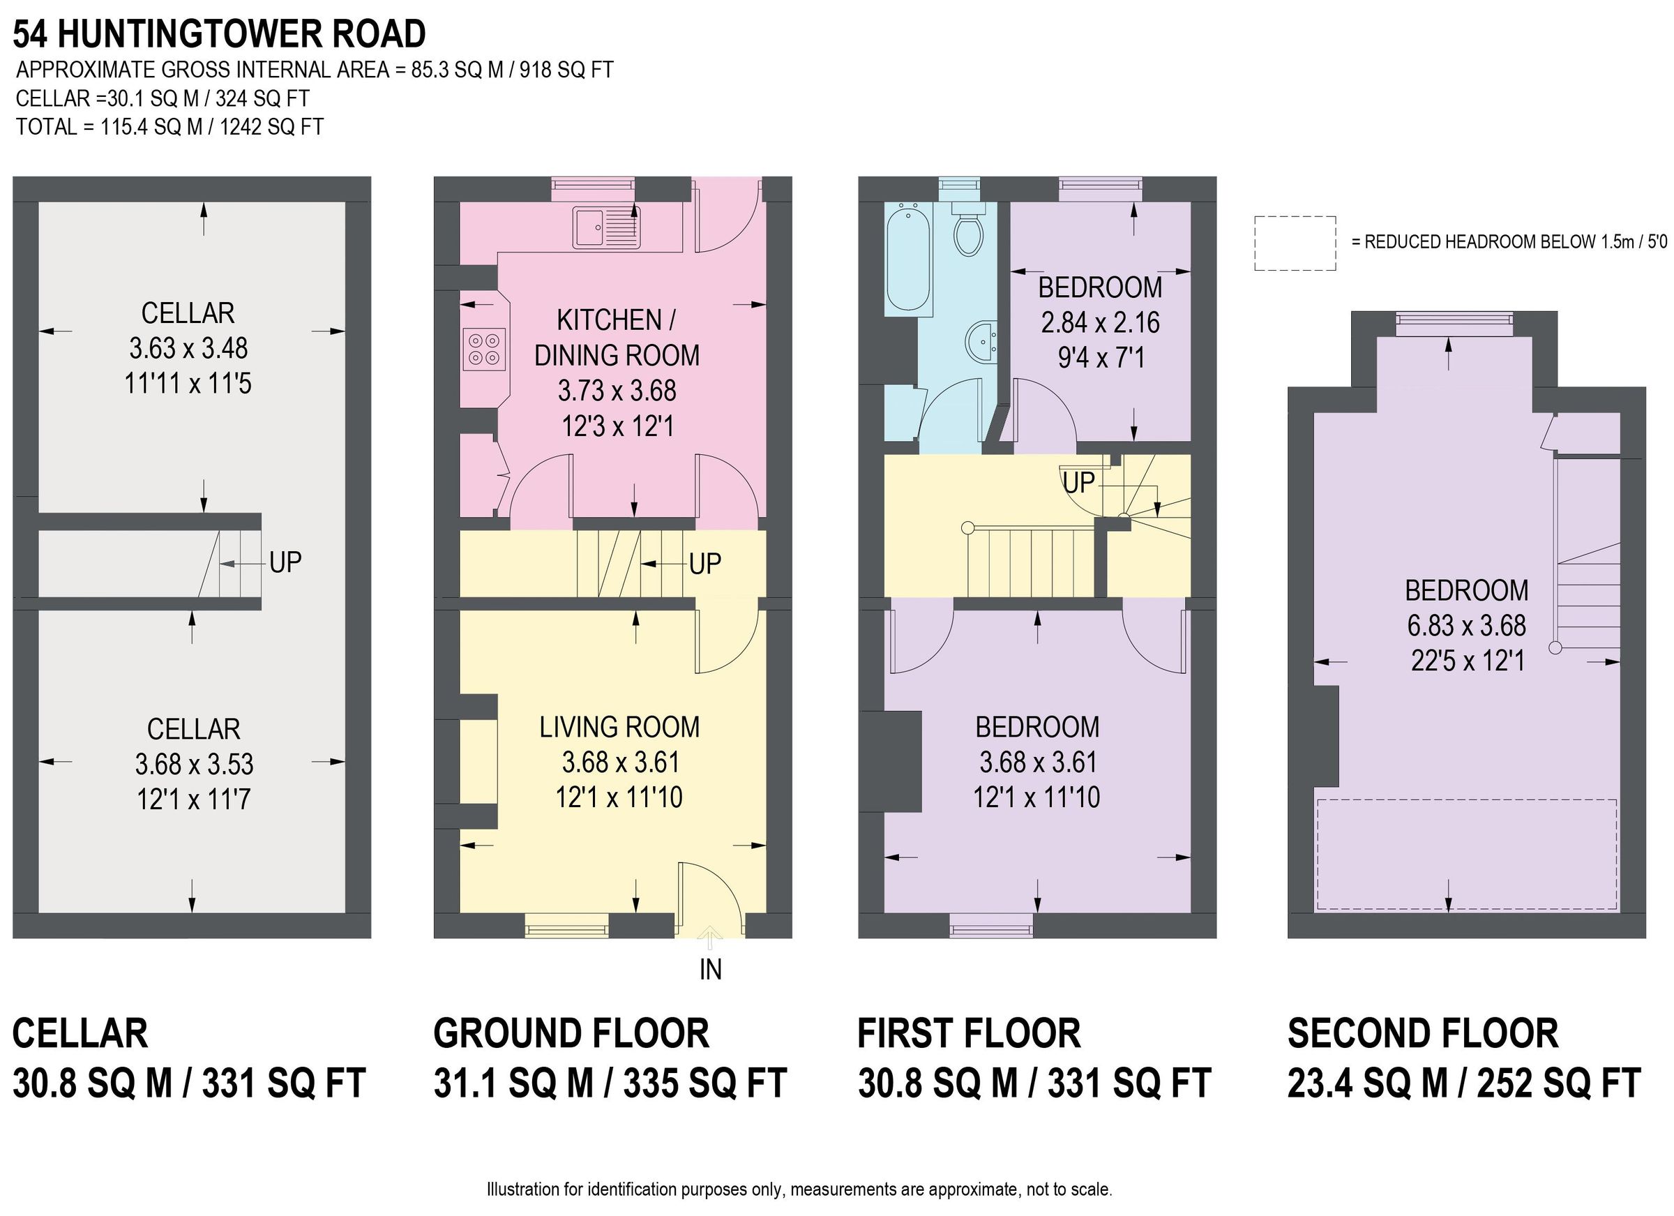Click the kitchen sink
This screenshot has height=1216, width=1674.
pyautogui.click(x=607, y=227)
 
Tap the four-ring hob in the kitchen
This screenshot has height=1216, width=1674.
pyautogui.click(x=484, y=350)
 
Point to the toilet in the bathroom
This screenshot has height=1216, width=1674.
pyautogui.click(x=967, y=230)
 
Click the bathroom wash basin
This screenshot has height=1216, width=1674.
pyautogui.click(x=981, y=342)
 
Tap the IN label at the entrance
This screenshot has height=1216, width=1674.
pyautogui.click(x=710, y=970)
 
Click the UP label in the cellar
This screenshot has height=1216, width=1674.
pyautogui.click(x=286, y=563)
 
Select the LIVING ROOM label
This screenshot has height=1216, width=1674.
pyautogui.click(x=619, y=727)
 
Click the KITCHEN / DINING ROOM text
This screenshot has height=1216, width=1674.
pyautogui.click(x=617, y=338)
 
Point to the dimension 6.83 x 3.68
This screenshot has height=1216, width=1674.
pyautogui.click(x=1466, y=625)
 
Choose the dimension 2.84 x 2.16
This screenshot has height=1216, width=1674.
pyautogui.click(x=1100, y=322)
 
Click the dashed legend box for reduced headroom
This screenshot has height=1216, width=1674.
pyautogui.click(x=1295, y=243)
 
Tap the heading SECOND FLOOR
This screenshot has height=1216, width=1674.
pyautogui.click(x=1422, y=1033)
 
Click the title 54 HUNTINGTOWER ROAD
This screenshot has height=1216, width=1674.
pyautogui.click(x=220, y=34)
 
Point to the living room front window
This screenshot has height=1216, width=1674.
pyautogui.click(x=566, y=925)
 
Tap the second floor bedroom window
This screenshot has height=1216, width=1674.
pyautogui.click(x=1454, y=319)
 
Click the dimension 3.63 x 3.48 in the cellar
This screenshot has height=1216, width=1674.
pyautogui.click(x=188, y=347)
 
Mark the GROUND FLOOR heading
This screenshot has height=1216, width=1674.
pyautogui.click(x=571, y=1033)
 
